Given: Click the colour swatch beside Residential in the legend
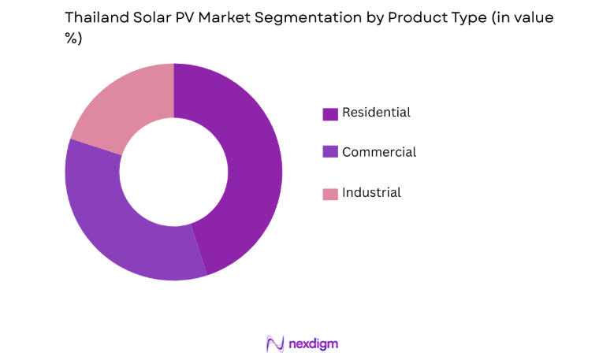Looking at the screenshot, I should [330, 113].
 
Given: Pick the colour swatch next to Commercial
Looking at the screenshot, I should [330, 153].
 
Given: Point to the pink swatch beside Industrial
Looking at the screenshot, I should [330, 193].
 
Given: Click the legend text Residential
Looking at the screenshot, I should [376, 113].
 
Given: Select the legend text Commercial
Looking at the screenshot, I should [378, 152].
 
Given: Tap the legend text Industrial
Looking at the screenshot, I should [371, 192].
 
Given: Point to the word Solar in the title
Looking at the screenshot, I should [151, 17].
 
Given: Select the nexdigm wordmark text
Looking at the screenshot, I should [313, 343].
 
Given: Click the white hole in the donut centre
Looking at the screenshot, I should [173, 172].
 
